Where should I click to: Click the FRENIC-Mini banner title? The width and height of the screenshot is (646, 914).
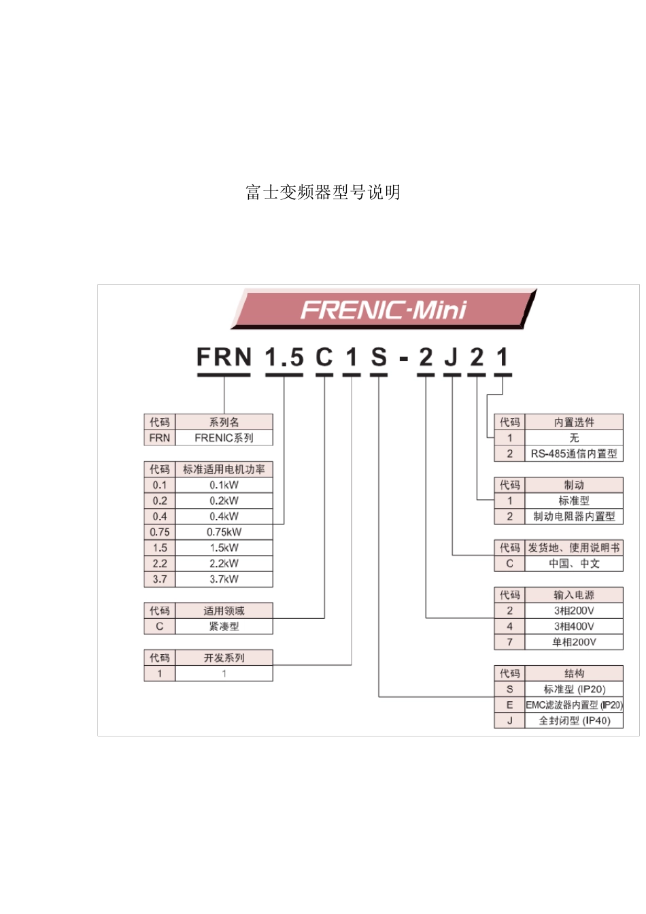click(x=383, y=310)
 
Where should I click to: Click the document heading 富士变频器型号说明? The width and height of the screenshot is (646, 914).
click(x=323, y=192)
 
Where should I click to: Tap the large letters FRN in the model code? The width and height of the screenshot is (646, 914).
click(x=224, y=357)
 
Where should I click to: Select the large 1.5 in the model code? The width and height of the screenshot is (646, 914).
click(x=284, y=357)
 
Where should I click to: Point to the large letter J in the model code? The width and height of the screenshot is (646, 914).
click(x=451, y=357)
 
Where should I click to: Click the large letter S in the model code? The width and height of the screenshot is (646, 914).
click(x=379, y=357)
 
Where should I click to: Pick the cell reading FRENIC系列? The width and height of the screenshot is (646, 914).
click(x=224, y=438)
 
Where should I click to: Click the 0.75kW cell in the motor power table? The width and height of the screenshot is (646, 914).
click(x=224, y=532)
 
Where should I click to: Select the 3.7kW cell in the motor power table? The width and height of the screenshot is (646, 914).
click(x=224, y=579)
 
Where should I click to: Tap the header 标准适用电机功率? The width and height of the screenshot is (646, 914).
click(x=224, y=469)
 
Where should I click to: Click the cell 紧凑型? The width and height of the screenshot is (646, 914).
click(x=224, y=626)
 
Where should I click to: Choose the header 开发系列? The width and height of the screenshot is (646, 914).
click(x=224, y=658)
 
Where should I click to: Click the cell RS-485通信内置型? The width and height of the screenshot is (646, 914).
click(x=574, y=454)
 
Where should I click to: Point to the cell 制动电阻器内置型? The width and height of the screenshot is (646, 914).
click(x=574, y=516)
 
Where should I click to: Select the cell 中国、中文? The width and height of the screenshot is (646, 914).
click(x=574, y=564)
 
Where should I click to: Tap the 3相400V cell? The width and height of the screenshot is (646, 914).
click(x=574, y=626)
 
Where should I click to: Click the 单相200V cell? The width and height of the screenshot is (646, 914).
click(x=574, y=642)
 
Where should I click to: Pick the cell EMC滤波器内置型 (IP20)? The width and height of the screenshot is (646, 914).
click(x=574, y=705)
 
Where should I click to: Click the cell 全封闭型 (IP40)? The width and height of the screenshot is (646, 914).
click(x=574, y=721)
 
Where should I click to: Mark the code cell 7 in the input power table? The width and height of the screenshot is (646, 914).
click(x=509, y=642)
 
